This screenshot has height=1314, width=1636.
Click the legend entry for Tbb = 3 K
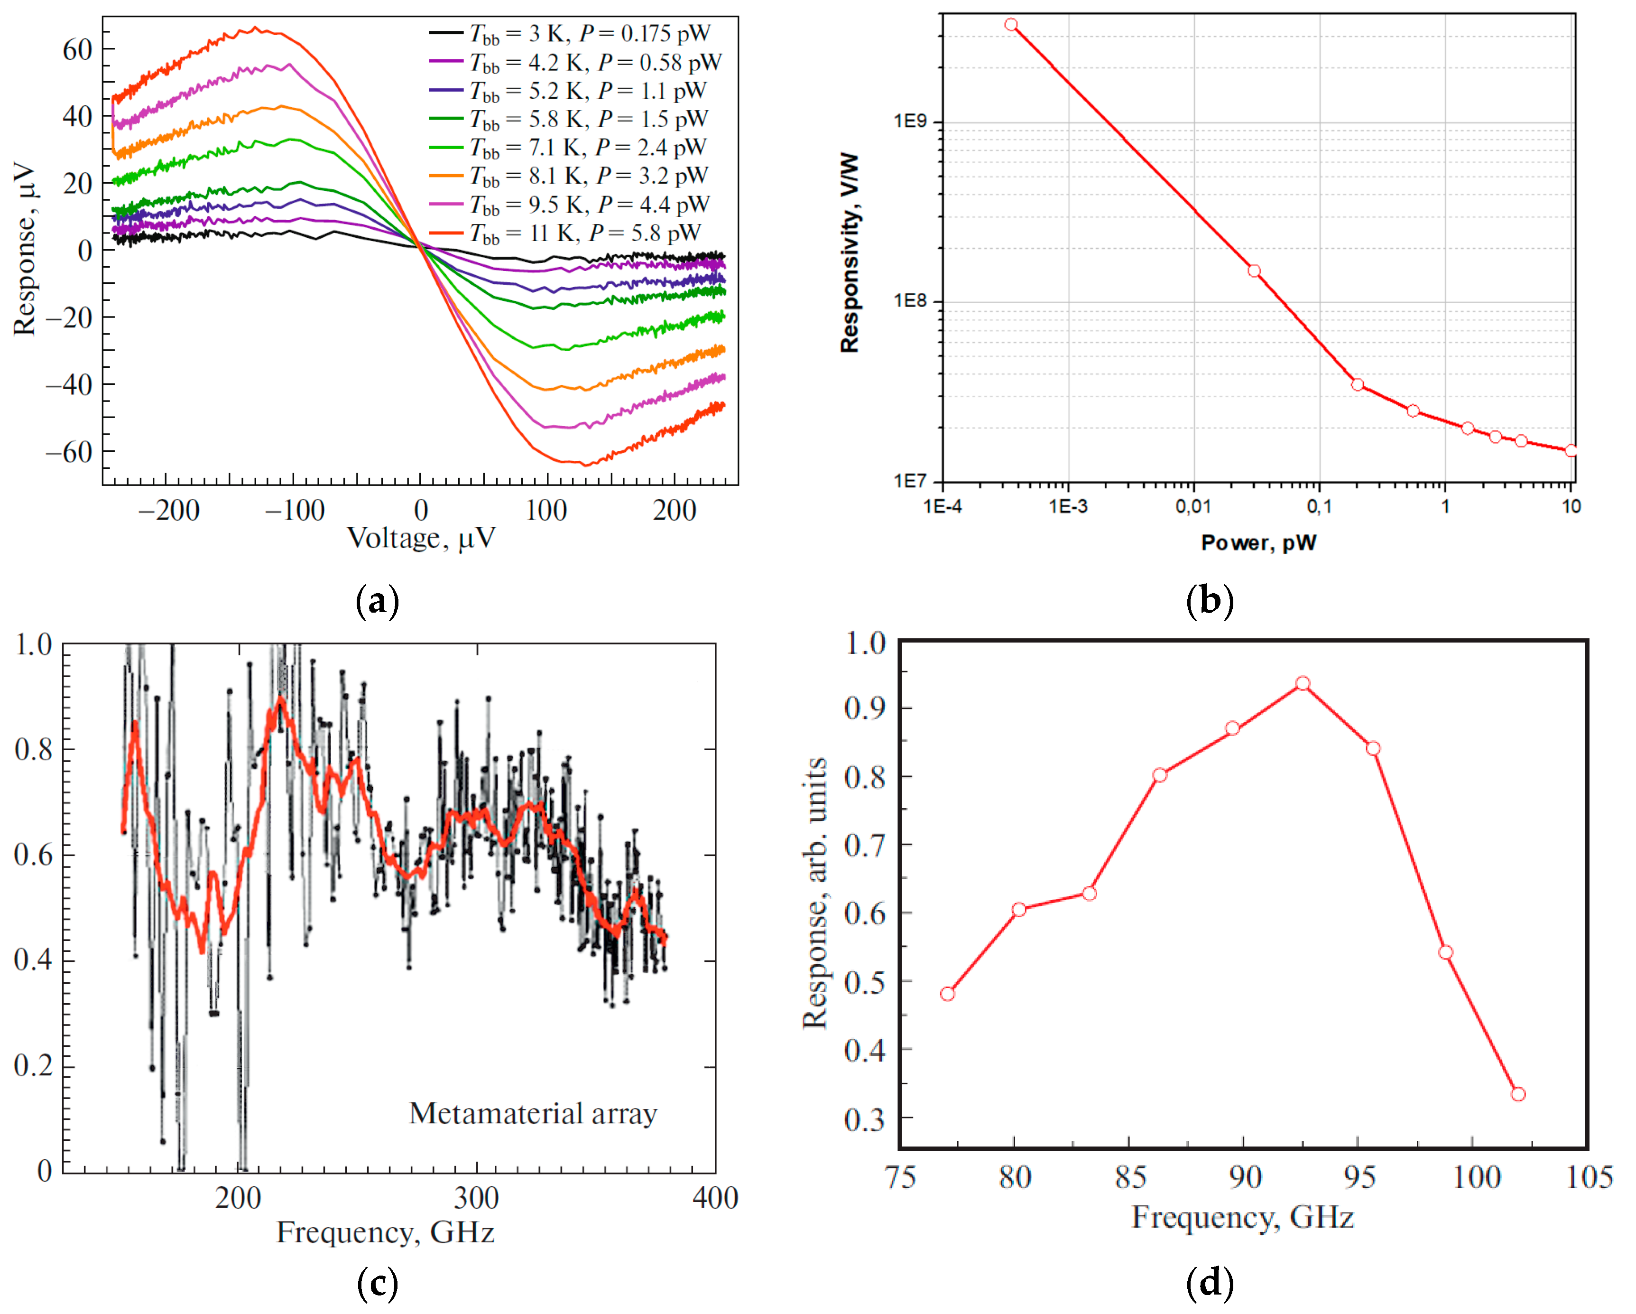(569, 33)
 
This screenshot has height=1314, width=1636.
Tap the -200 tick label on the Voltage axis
(168, 510)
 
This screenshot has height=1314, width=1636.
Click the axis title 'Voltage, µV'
(421, 538)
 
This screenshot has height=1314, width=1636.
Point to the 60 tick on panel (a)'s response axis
(77, 50)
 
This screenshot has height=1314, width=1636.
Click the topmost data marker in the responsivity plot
(1011, 24)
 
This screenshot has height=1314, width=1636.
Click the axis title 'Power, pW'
(1258, 543)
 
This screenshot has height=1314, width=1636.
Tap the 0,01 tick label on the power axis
(1193, 506)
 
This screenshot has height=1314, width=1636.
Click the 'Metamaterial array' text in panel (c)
(533, 1114)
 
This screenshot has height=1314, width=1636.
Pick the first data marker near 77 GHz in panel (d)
(947, 994)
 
